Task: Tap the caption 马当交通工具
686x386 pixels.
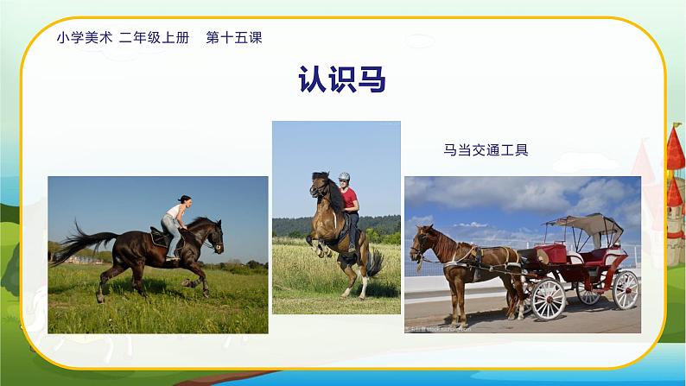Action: [485, 149]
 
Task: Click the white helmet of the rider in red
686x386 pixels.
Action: [344, 177]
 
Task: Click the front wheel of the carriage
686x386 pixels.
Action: [548, 299]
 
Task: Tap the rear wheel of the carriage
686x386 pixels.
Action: [625, 289]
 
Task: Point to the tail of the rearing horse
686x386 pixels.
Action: [375, 263]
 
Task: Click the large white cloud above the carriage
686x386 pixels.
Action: [518, 195]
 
